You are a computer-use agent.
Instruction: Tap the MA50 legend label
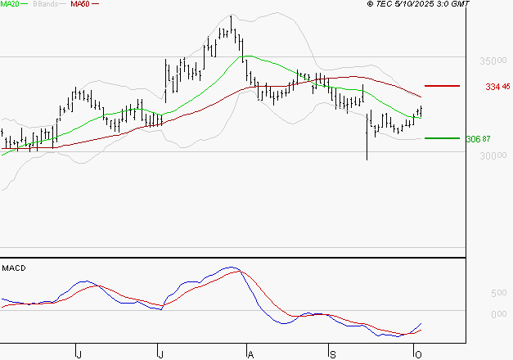(x=80, y=4)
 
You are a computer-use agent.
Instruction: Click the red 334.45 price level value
(x=497, y=86)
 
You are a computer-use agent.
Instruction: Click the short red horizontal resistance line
(x=442, y=86)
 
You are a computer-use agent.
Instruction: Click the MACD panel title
(x=13, y=268)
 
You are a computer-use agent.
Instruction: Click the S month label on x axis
(x=332, y=353)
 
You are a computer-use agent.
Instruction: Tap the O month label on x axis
(x=417, y=353)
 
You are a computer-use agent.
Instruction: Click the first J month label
(x=79, y=353)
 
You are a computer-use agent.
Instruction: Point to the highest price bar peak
(x=232, y=17)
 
